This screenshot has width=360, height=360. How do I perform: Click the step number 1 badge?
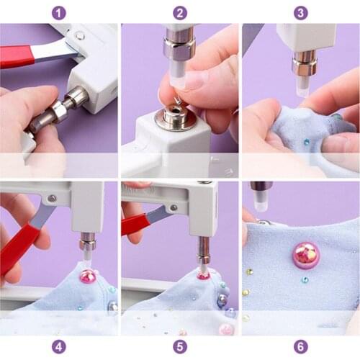click(x=59, y=12)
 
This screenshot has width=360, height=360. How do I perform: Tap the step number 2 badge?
click(x=180, y=12)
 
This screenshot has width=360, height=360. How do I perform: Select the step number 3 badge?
click(x=301, y=12)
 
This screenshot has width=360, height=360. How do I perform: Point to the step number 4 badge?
click(x=59, y=346)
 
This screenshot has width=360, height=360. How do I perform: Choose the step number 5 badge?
click(x=180, y=346)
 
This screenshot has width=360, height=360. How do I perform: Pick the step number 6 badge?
click(x=301, y=346)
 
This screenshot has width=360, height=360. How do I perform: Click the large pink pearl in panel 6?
click(x=306, y=254)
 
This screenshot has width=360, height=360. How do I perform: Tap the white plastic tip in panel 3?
click(x=302, y=86)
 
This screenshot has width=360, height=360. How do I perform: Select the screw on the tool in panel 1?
click(x=80, y=35)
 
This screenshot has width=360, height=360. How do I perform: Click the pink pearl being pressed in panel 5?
click(x=204, y=274)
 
